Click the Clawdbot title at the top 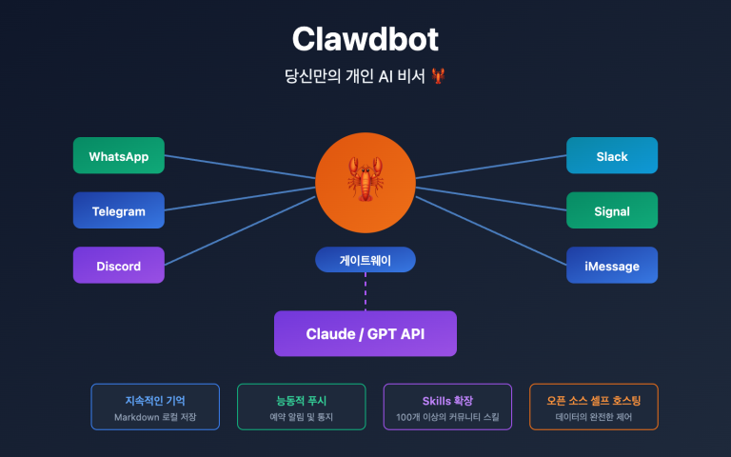[365, 39]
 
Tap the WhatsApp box [118, 156]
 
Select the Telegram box [118, 210]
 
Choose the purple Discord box [118, 266]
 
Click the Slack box [612, 156]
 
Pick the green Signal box [612, 210]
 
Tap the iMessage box [612, 266]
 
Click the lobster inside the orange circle [365, 181]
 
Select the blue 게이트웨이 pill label [365, 259]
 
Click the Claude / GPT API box [365, 333]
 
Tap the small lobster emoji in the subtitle [439, 75]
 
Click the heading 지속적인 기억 [155, 400]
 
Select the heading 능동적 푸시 [301, 400]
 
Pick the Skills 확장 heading [447, 400]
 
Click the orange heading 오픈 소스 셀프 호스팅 [593, 400]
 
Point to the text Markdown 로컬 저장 [155, 418]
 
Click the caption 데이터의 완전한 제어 [593, 418]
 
